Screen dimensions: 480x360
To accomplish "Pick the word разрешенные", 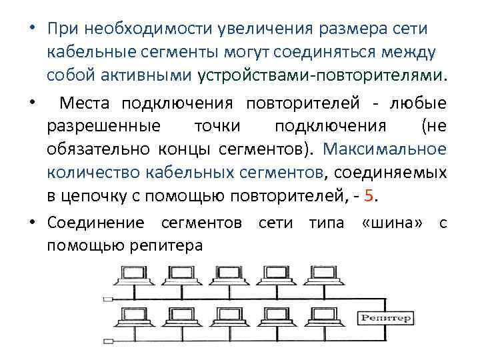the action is [x=103, y=126].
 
